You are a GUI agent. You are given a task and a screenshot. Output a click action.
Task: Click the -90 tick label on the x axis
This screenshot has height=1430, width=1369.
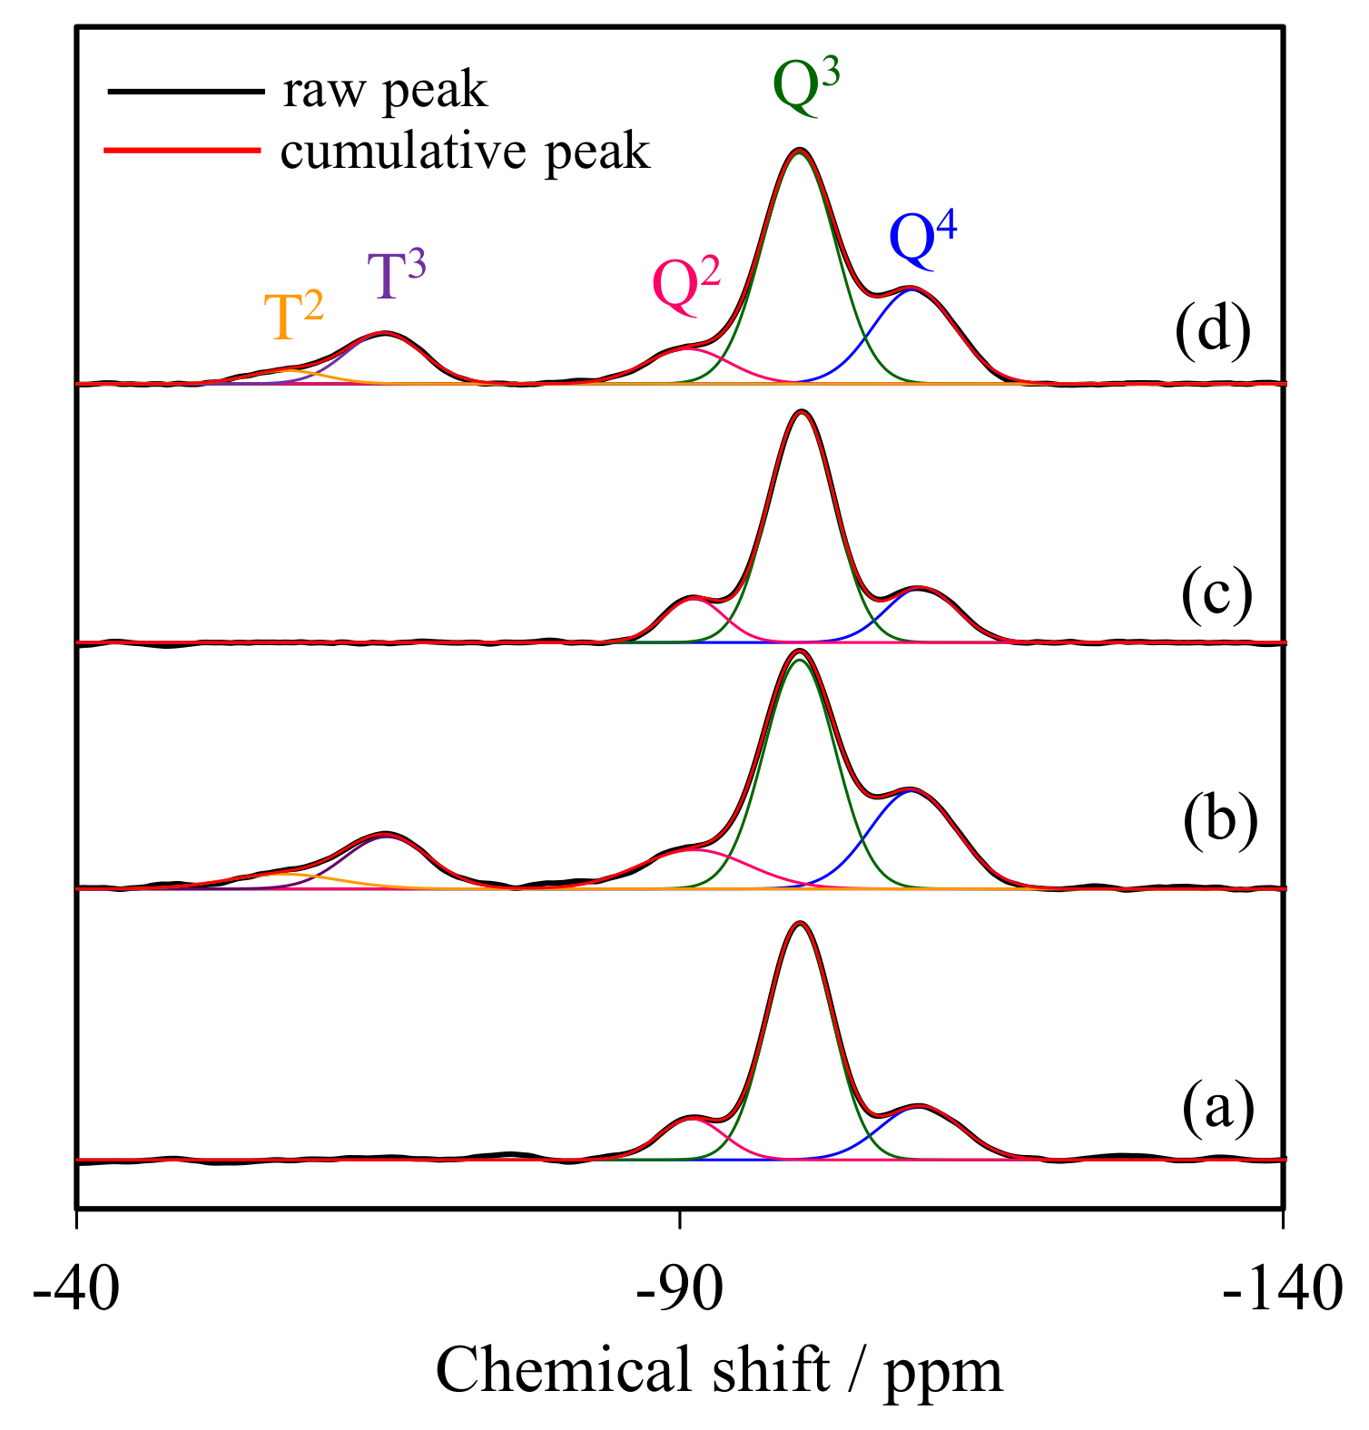(679, 1289)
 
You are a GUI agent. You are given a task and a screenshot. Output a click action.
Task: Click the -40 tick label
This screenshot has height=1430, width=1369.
(76, 1289)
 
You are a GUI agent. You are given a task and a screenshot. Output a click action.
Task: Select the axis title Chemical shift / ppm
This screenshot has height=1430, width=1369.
(719, 1369)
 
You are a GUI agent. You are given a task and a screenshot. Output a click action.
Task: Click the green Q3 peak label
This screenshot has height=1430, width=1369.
(805, 89)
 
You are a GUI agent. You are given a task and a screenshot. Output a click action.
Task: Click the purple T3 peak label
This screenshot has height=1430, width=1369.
(396, 274)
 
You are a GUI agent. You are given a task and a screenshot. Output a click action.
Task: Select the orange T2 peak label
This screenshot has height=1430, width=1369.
(293, 316)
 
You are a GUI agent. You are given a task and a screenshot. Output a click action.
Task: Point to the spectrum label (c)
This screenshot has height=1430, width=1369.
(1216, 596)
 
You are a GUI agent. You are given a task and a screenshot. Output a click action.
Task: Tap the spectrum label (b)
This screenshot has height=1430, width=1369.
(1219, 818)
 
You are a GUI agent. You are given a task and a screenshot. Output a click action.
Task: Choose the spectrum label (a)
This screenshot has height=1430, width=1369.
(1217, 1107)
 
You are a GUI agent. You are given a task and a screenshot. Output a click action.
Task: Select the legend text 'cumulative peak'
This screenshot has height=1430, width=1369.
(465, 152)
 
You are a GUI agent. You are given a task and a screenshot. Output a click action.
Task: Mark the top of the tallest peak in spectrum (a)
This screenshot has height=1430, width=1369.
(800, 923)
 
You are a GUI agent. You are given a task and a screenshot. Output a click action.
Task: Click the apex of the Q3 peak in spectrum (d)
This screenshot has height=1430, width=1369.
(799, 150)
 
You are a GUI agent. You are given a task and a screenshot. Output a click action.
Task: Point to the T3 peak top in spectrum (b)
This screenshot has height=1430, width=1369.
(386, 833)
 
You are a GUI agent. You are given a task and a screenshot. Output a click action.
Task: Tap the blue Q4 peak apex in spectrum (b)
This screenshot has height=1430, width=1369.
(911, 791)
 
